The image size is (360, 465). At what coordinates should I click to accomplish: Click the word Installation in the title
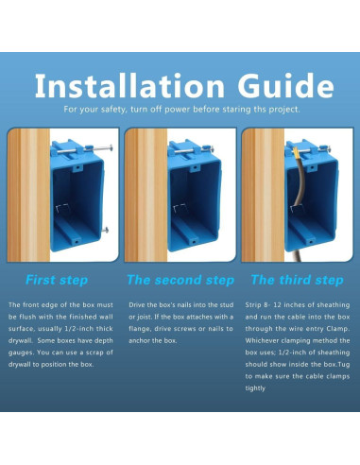coord(129,85)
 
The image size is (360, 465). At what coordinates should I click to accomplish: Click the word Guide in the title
coord(285,85)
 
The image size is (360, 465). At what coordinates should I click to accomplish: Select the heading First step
coord(57,280)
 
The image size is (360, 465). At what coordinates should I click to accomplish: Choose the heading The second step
coord(180,280)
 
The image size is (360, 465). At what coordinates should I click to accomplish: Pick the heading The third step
coord(297,280)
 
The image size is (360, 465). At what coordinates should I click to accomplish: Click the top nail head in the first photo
coord(111,147)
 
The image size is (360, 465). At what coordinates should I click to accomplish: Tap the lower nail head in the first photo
coord(106,230)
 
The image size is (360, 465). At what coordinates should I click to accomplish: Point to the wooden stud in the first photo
coord(28,195)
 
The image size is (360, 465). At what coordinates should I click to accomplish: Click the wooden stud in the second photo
coord(146,195)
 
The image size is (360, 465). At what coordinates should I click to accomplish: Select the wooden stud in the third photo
coord(264,195)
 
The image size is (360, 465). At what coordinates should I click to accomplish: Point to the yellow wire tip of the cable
coord(296,150)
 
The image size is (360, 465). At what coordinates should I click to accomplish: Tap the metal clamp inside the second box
coord(180,208)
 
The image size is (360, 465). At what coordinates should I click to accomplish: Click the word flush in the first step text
coord(27,317)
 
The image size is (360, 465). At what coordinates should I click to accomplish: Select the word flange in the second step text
coord(138,329)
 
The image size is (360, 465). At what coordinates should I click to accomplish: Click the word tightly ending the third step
coord(255,388)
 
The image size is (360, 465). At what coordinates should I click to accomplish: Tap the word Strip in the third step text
coord(253,305)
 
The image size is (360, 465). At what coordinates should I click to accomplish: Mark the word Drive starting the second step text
coord(136,305)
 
